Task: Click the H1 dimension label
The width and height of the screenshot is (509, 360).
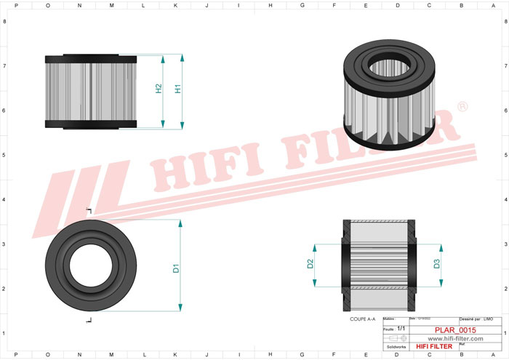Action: tap(178, 89)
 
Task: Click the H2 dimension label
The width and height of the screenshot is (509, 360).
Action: tap(159, 89)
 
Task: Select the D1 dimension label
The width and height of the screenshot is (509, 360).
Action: tap(176, 268)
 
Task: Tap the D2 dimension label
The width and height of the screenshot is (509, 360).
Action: tap(310, 264)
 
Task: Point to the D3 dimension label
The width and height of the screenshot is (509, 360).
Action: tap(436, 264)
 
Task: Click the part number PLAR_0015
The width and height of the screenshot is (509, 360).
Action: tap(455, 330)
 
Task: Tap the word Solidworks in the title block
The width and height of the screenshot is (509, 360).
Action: tap(396, 346)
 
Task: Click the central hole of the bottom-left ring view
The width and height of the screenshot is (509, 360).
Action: tap(90, 268)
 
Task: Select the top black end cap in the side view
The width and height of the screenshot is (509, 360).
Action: tap(90, 57)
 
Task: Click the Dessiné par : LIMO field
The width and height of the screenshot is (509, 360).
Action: tap(477, 319)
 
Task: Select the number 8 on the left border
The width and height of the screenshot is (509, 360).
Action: tap(6, 21)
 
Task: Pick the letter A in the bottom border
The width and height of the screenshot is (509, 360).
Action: tap(492, 354)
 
